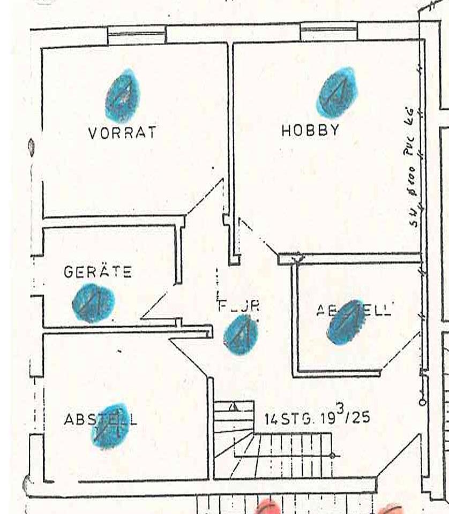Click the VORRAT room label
[x=122, y=132]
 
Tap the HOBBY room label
[x=310, y=130]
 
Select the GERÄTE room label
[x=98, y=271]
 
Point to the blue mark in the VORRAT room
[x=123, y=96]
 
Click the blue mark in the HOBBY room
[x=336, y=92]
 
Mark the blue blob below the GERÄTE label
[x=93, y=303]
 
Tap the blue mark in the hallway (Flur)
[x=241, y=335]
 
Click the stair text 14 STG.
[x=284, y=418]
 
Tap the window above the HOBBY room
[x=328, y=31]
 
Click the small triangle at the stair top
[x=233, y=407]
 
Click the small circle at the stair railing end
[x=332, y=456]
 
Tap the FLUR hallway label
[x=239, y=306]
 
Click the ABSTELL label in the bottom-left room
[x=100, y=419]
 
